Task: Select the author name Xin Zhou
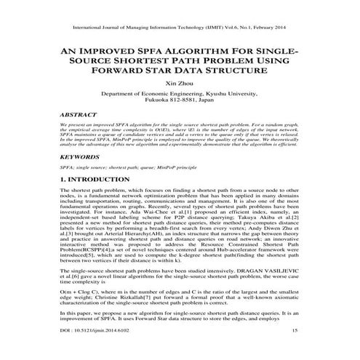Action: click(x=179, y=85)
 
